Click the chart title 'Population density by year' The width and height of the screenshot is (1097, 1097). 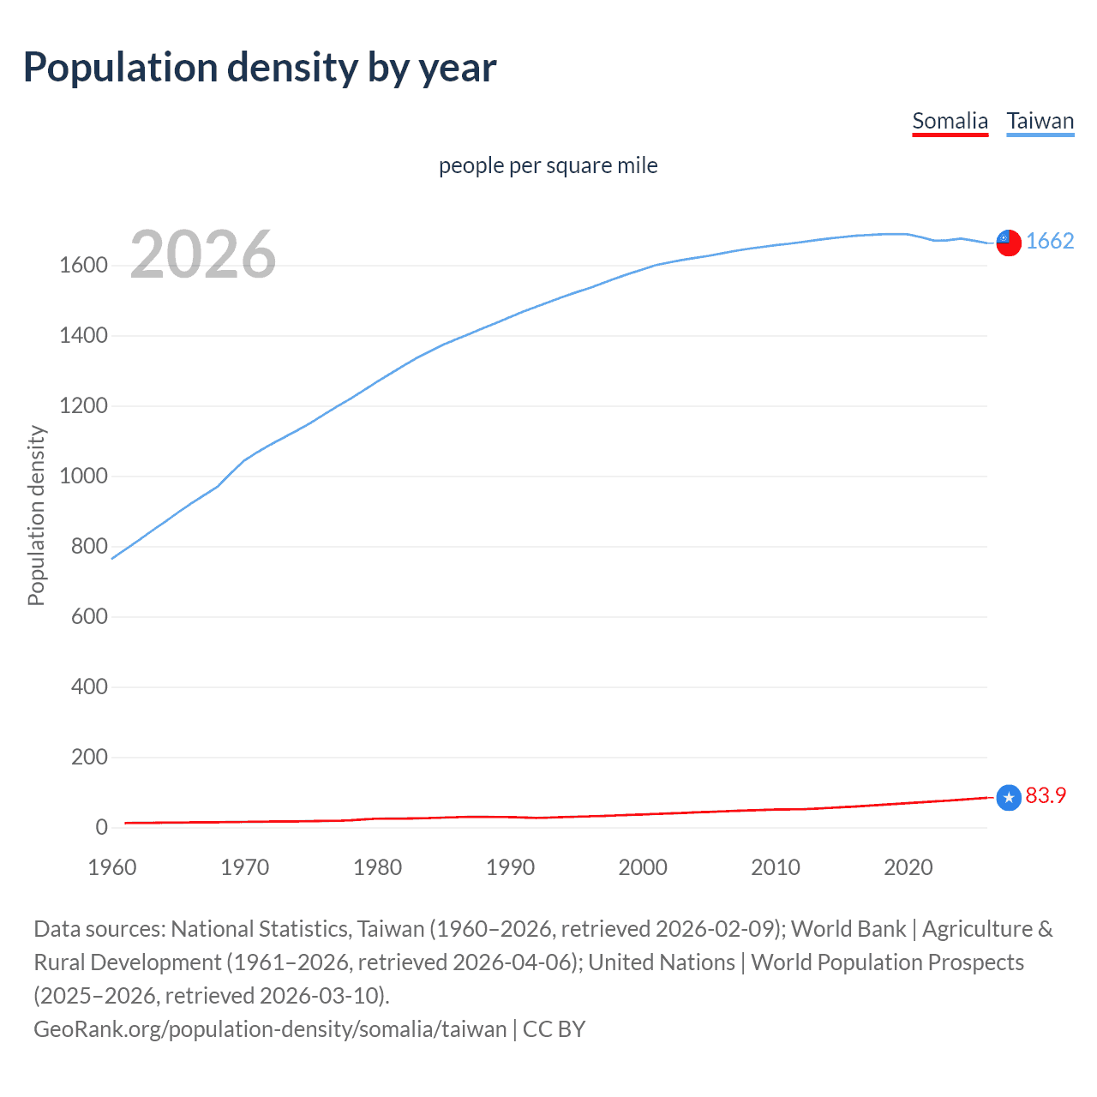tap(259, 68)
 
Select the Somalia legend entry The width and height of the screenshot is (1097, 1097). tap(950, 121)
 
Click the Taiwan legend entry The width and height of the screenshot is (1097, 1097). tap(1040, 121)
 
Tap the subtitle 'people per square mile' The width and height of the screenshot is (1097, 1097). tap(548, 165)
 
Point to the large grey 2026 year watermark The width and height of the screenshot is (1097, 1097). tap(203, 255)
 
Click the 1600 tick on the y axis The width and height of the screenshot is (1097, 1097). tap(83, 266)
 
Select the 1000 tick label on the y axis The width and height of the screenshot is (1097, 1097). tap(83, 477)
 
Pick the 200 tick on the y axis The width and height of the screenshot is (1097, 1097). tap(89, 758)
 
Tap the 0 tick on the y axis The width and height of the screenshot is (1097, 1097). tap(101, 828)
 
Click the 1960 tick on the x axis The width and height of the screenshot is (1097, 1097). tap(112, 867)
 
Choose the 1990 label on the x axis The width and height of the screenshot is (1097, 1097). tap(510, 867)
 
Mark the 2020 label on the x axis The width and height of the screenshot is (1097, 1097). tap(908, 867)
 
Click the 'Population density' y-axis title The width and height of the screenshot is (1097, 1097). tap(36, 516)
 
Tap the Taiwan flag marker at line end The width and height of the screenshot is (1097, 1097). tap(1009, 243)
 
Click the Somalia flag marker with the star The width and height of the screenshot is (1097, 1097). tap(1009, 798)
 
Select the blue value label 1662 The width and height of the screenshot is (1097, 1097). tap(1050, 242)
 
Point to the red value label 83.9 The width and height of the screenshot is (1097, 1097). tap(1046, 796)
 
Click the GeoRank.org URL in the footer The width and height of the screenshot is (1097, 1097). tap(270, 1029)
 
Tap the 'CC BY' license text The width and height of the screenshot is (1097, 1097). tap(554, 1029)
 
